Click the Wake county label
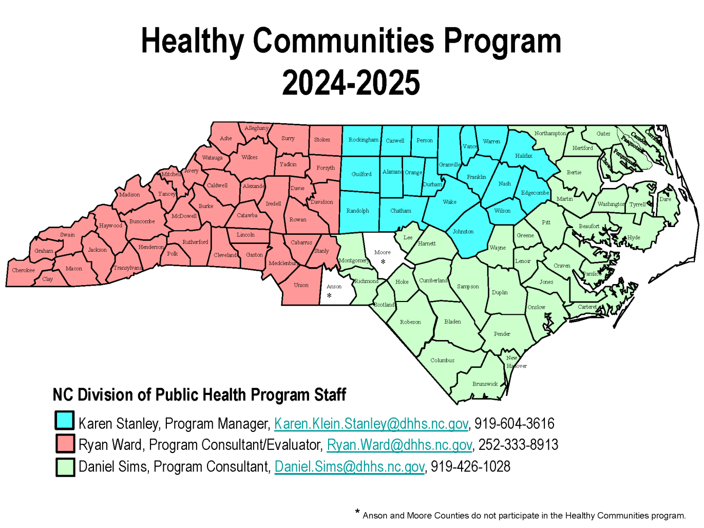pos(449,202)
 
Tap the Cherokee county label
pos(24,270)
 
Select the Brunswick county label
pos(485,384)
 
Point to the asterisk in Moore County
pos(383,262)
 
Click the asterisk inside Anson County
pos(329,295)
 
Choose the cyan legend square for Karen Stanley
pos(65,420)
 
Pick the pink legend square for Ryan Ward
pos(65,443)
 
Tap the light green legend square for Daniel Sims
pos(65,467)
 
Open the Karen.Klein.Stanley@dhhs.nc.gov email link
pos(371,424)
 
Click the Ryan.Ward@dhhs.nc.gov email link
pos(399,445)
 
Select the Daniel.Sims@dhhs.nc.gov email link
pos(349,467)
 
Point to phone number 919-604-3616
pos(514,424)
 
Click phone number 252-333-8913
pos(518,445)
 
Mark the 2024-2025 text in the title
pos(351,83)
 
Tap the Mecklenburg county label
pos(283,263)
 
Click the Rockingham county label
pos(363,140)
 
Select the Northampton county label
pos(550,134)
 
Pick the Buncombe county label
pos(142,221)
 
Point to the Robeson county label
pos(410,322)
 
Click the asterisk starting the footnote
pos(357,512)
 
